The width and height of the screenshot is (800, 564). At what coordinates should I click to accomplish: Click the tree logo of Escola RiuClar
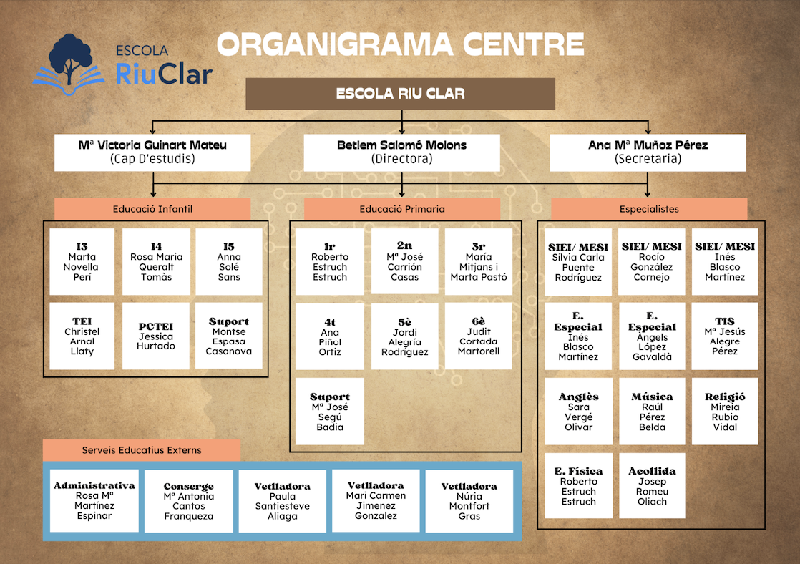pyautogui.click(x=69, y=61)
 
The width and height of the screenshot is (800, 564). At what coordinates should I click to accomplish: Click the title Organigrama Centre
pyautogui.click(x=401, y=44)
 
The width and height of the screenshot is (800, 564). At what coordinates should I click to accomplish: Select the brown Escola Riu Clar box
pyautogui.click(x=400, y=94)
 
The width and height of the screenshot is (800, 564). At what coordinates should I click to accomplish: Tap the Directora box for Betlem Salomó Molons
pyautogui.click(x=401, y=152)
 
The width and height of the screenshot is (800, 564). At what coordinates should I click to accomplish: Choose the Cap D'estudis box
pyautogui.click(x=152, y=152)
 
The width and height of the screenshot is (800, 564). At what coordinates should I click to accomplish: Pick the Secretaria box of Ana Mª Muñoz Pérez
pyautogui.click(x=648, y=152)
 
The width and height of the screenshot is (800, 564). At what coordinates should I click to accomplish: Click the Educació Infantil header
pyautogui.click(x=152, y=209)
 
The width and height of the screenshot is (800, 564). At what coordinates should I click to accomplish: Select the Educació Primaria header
pyautogui.click(x=401, y=209)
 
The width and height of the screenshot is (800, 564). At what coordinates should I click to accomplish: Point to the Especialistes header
pyautogui.click(x=649, y=209)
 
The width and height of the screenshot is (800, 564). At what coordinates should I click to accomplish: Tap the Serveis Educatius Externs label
pyautogui.click(x=142, y=450)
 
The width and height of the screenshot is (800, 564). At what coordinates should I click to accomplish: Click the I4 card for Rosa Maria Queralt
pyautogui.click(x=156, y=262)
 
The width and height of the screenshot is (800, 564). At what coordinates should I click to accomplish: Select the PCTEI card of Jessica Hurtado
pyautogui.click(x=156, y=336)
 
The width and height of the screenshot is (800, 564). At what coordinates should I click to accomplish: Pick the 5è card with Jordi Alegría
pyautogui.click(x=404, y=336)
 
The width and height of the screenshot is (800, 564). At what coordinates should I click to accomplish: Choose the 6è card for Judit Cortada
pyautogui.click(x=479, y=336)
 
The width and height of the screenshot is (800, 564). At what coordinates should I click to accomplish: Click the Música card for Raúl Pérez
pyautogui.click(x=652, y=412)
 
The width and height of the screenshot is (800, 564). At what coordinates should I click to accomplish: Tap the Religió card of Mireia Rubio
pyautogui.click(x=725, y=412)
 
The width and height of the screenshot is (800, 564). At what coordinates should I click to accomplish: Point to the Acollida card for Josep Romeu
pyautogui.click(x=652, y=486)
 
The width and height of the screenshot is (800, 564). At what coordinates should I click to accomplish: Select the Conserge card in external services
pyautogui.click(x=189, y=501)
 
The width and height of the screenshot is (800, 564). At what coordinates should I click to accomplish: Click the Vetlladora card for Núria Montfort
pyautogui.click(x=469, y=501)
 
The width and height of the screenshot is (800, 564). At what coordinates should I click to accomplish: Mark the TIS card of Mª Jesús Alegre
pyautogui.click(x=725, y=336)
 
